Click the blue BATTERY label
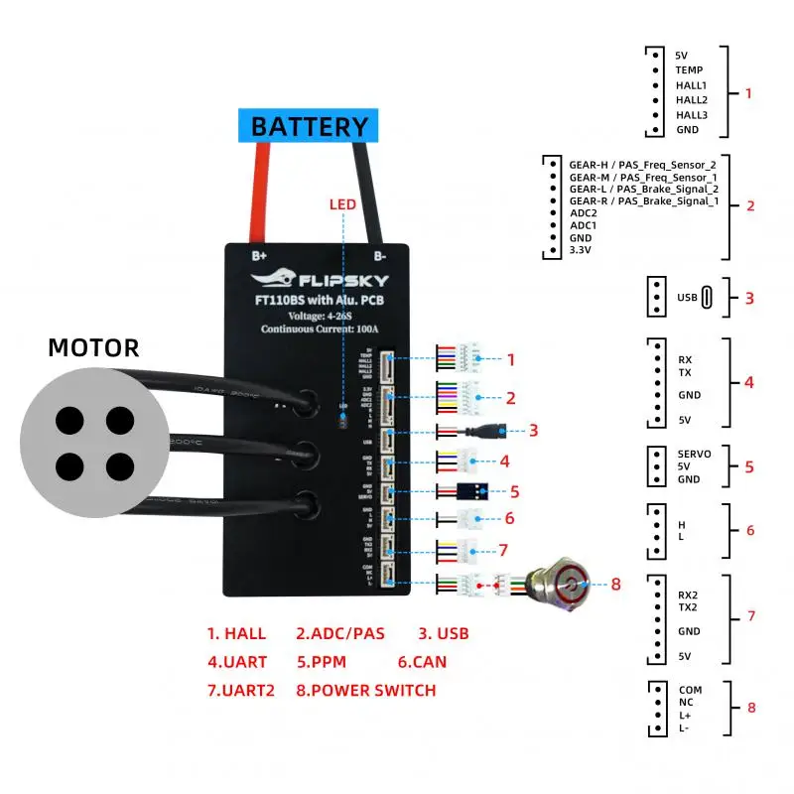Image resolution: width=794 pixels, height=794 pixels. [x=309, y=127]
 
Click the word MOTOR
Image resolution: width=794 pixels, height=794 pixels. [x=93, y=347]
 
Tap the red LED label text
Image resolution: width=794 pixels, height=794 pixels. [x=342, y=204]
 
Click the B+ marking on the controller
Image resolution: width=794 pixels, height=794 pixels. [x=260, y=253]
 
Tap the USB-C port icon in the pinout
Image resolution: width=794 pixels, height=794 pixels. [x=706, y=297]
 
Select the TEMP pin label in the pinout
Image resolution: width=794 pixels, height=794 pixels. [x=689, y=70]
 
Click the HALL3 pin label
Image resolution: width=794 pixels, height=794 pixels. [x=692, y=115]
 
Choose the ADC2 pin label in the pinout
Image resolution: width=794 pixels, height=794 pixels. [x=583, y=212]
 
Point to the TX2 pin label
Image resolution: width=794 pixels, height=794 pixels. [x=687, y=607]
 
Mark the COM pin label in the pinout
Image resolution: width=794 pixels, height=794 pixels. [x=690, y=690]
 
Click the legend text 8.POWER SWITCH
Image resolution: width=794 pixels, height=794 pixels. [x=365, y=690]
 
